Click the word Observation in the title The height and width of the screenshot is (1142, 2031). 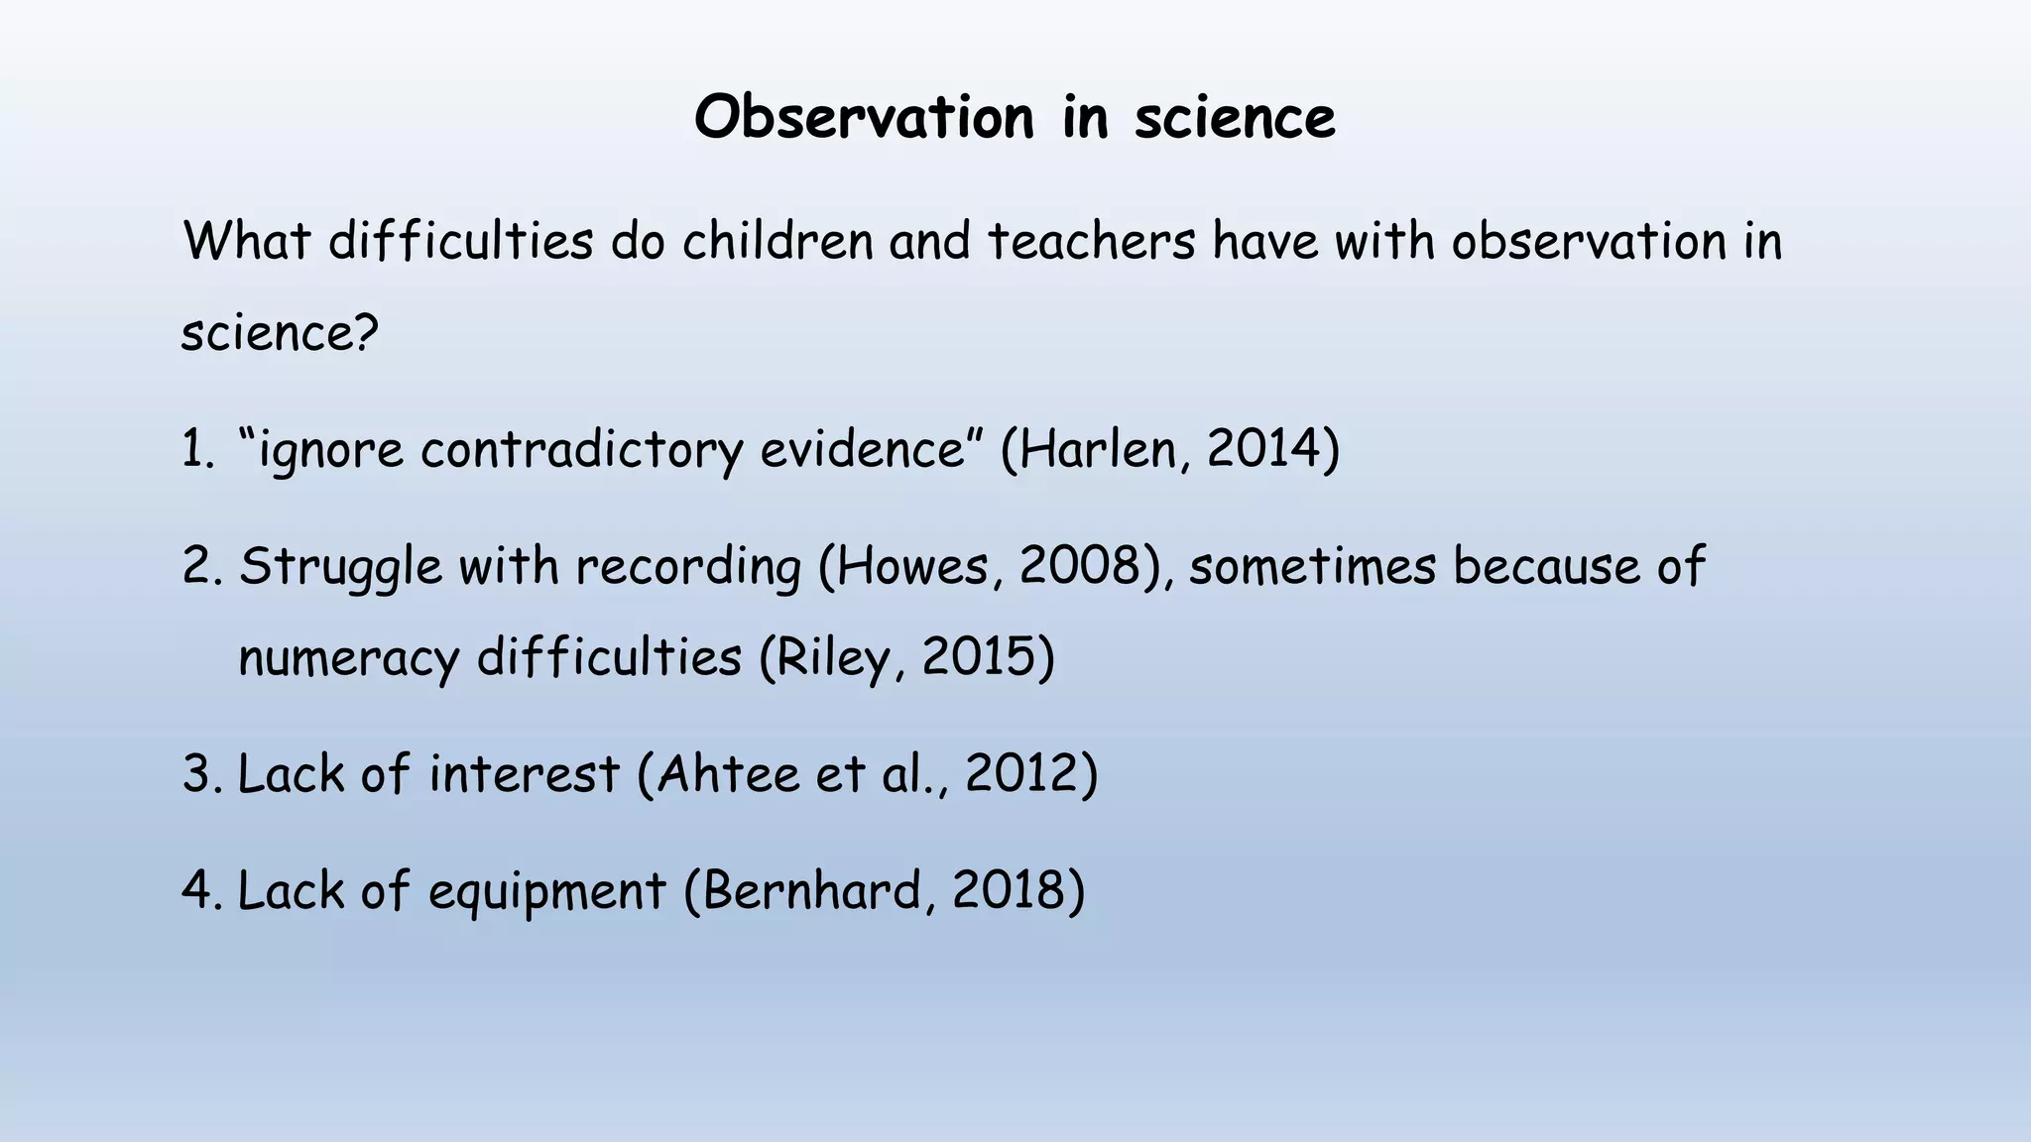coord(864,118)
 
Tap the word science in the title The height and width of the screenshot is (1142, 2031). coord(1235,118)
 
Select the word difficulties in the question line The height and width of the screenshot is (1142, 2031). coord(460,241)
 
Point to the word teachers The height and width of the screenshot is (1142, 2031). coord(1092,241)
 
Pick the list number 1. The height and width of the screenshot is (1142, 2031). coord(196,449)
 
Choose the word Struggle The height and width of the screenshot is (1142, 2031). coord(340,567)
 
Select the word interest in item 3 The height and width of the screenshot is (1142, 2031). coord(524,774)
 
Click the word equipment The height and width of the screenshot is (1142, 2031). coord(546,891)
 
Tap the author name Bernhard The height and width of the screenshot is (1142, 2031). coord(813,891)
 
